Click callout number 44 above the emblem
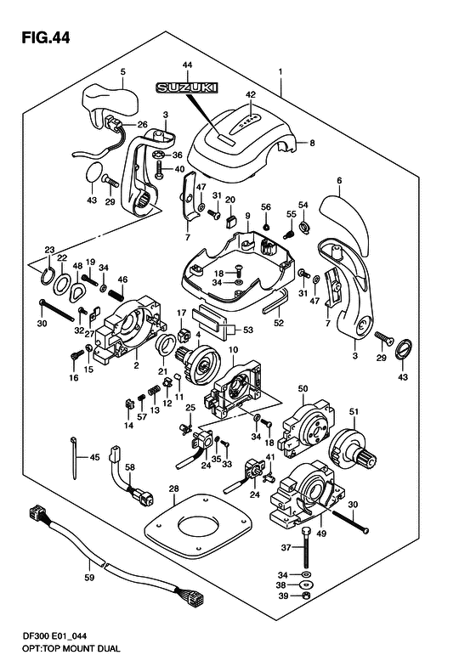187,65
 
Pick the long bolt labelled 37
307,556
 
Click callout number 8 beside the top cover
312,144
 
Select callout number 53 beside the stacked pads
249,330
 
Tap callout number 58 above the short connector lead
130,467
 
